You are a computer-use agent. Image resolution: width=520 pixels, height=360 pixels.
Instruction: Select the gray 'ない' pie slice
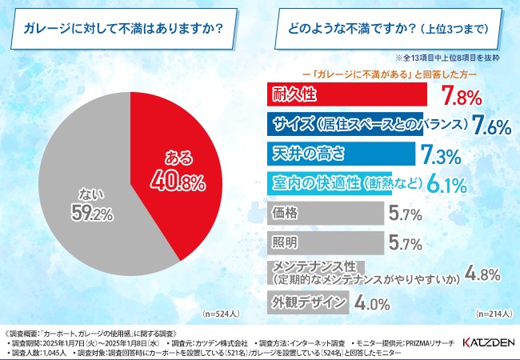pyautogui.click(x=88, y=208)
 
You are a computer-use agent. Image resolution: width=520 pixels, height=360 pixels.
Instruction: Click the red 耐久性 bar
pyautogui.click(x=345, y=95)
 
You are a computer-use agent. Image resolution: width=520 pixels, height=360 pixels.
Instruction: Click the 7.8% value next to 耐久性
pyautogui.click(x=462, y=98)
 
